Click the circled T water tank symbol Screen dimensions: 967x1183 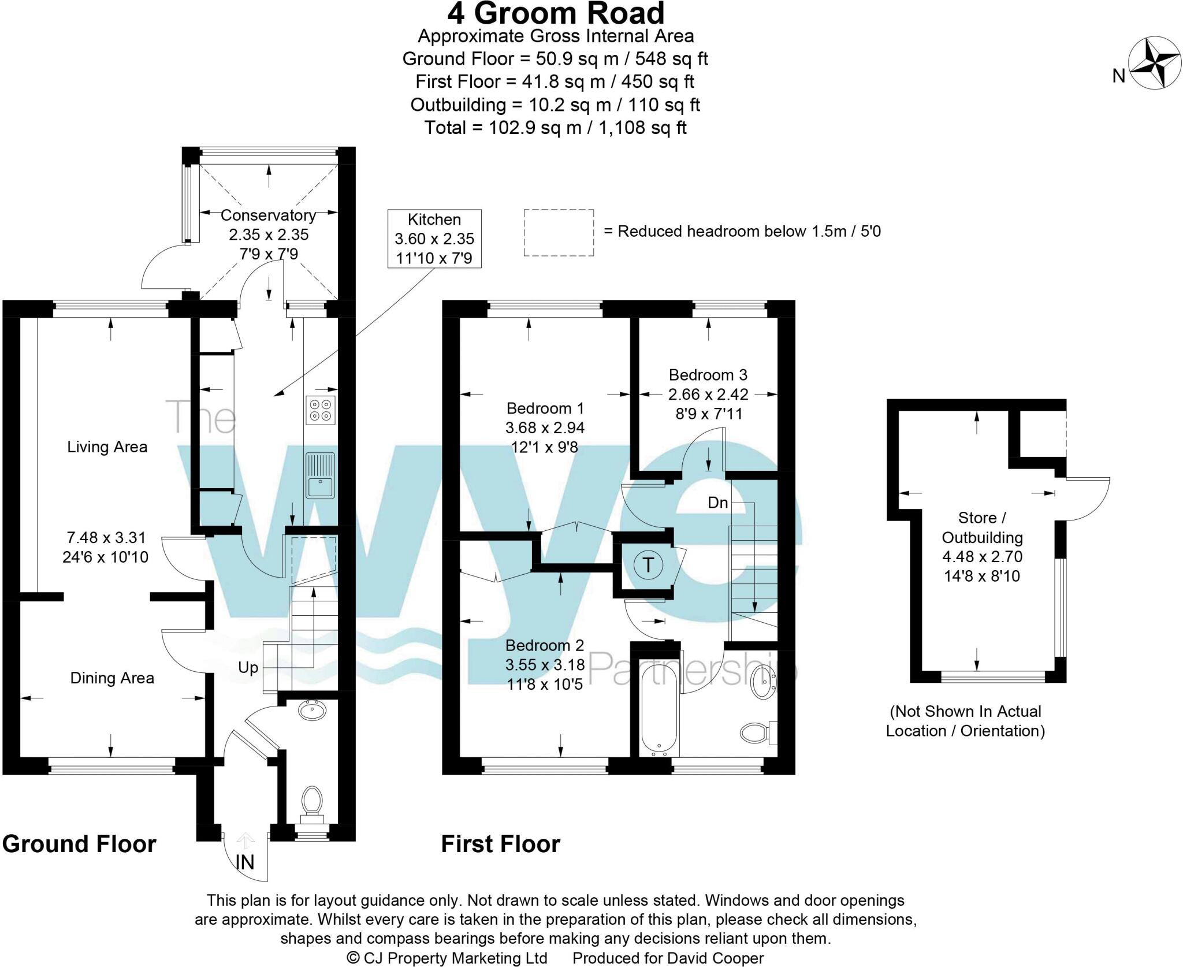pos(648,565)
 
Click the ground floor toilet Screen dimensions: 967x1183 pos(313,801)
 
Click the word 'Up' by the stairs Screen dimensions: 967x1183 pos(248,668)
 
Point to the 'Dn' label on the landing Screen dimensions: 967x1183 pos(718,503)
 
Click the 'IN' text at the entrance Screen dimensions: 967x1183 pos(245,862)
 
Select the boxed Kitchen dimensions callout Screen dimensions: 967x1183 pos(434,239)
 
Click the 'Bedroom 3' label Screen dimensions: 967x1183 pos(708,375)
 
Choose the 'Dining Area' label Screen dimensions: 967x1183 pos(112,678)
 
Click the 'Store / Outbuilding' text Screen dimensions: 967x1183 pos(982,527)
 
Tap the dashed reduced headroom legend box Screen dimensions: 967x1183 pos(559,232)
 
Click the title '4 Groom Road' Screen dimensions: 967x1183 pos(556,14)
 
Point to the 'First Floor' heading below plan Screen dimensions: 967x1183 pos(500,844)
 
